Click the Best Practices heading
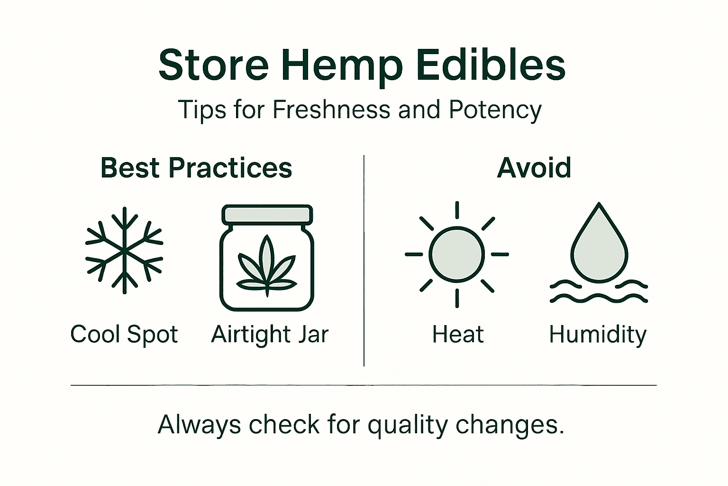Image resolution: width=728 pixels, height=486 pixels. coord(196,168)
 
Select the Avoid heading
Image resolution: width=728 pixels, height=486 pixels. coord(534,168)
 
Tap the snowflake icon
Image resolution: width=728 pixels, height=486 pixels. coord(124,250)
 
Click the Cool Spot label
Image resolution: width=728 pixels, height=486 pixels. coord(124,334)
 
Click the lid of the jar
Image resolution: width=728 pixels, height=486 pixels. coord(267,215)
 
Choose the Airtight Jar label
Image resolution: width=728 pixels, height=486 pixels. coord(270,334)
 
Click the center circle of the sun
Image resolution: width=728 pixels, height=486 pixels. coord(456,254)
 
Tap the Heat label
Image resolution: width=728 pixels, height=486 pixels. coord(458,334)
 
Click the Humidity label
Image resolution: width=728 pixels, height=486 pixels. coord(598,335)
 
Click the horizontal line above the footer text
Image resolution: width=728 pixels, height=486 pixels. coord(364,385)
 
